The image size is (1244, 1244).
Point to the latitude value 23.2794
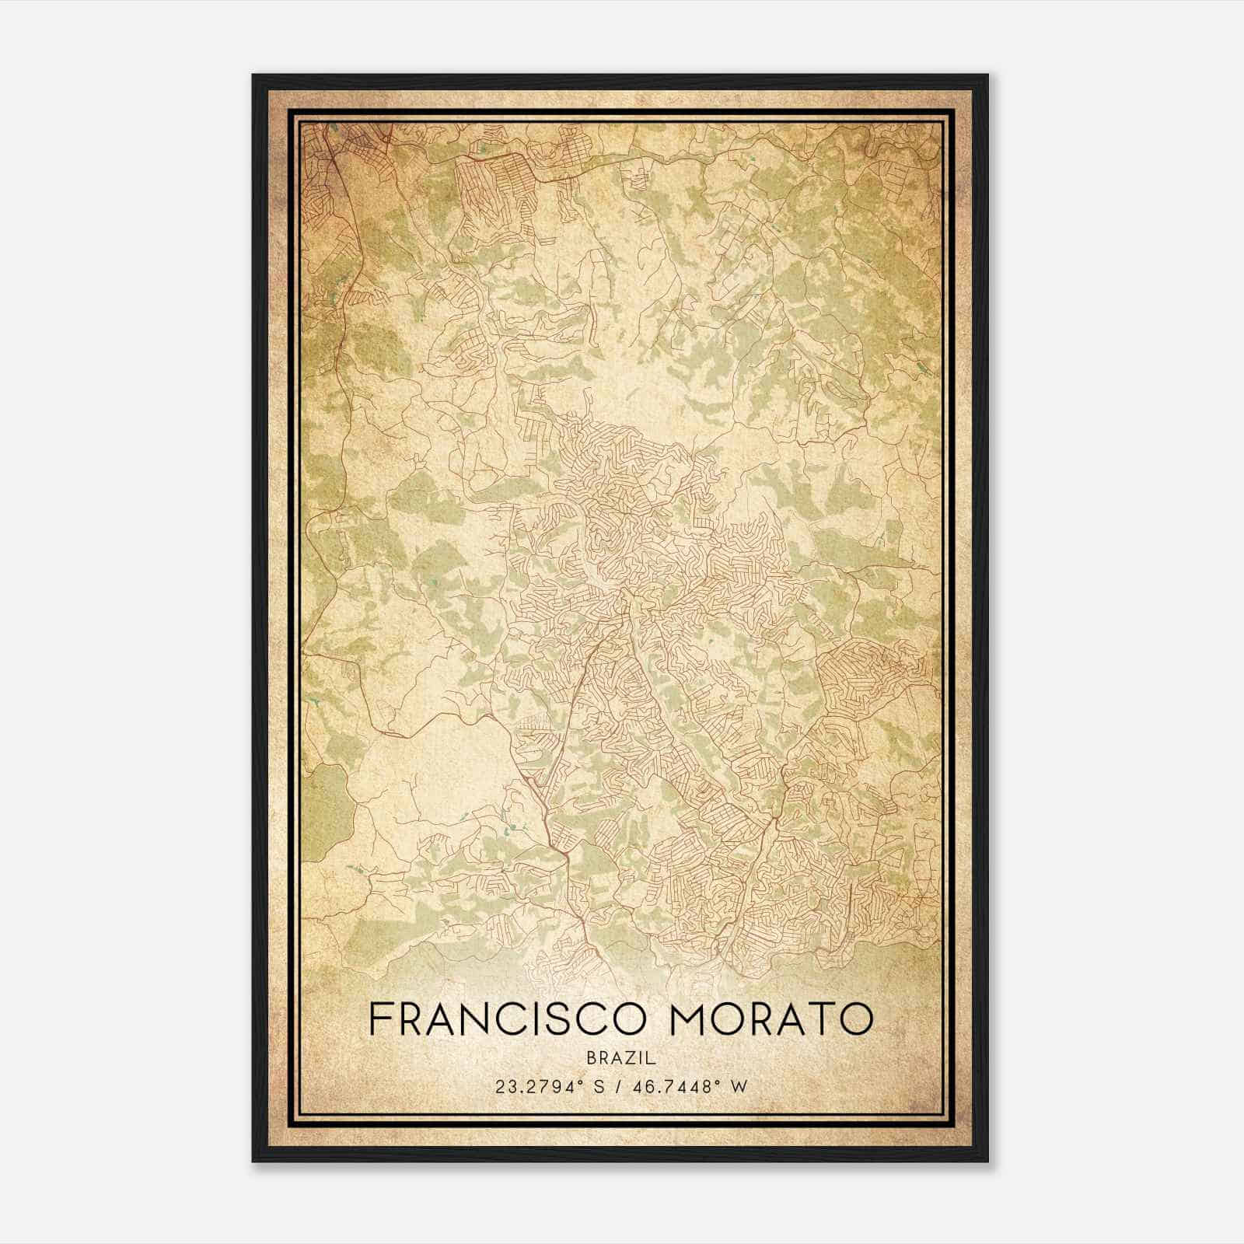[x=533, y=1087]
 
